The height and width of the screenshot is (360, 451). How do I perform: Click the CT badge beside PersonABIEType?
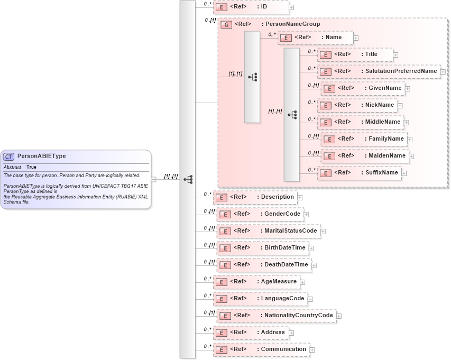(x=9, y=156)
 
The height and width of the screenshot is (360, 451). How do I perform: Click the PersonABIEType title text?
(x=42, y=156)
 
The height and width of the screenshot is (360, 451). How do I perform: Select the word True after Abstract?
(x=32, y=167)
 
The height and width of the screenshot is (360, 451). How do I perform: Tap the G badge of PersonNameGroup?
(x=226, y=24)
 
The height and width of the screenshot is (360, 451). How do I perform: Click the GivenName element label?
(x=385, y=88)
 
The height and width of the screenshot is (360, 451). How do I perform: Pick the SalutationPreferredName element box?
(x=379, y=71)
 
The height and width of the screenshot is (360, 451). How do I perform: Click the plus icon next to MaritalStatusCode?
(x=323, y=231)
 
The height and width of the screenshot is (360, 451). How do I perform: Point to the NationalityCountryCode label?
(x=299, y=315)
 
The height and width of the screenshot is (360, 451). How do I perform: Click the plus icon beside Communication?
(x=312, y=349)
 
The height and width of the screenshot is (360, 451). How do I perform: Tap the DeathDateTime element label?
(x=286, y=264)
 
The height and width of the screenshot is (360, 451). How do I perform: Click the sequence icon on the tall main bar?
(x=188, y=179)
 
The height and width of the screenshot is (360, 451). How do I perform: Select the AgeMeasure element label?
(x=279, y=281)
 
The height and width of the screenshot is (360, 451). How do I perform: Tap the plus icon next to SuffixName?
(x=404, y=173)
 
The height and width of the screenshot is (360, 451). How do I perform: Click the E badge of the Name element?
(x=286, y=38)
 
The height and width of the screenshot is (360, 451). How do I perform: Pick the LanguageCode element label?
(x=282, y=298)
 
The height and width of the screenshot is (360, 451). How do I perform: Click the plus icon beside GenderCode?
(x=306, y=214)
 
